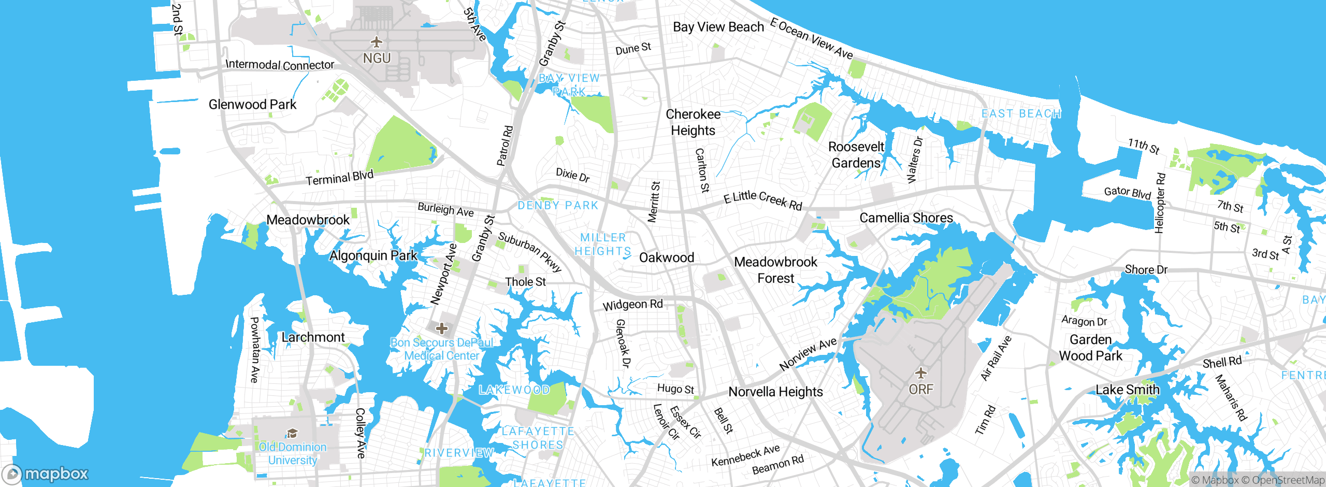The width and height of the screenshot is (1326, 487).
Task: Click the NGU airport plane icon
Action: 377,41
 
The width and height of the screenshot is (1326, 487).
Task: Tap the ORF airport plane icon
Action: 920,373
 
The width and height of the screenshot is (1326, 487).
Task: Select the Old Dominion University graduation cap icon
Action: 292,433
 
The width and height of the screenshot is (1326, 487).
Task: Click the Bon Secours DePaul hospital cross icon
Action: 442,328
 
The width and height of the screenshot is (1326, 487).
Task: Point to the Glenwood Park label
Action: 252,105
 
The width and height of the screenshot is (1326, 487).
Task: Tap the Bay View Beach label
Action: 718,27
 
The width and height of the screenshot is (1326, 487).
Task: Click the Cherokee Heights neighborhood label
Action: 693,122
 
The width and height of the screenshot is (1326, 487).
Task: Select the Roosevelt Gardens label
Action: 856,155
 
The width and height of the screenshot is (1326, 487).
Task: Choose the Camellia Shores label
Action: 906,218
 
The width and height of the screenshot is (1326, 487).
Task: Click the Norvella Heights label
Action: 775,392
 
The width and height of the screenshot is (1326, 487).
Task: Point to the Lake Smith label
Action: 1128,390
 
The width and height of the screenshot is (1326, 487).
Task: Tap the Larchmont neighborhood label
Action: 313,337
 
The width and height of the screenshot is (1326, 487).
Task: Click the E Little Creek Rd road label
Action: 762,200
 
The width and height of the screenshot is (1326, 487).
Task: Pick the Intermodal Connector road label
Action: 280,65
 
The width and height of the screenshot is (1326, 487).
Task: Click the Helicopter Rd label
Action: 1160,203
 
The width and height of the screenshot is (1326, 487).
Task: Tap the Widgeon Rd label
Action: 632,305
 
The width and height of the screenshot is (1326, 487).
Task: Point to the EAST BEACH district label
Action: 1021,114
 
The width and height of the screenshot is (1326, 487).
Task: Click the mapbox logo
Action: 46,474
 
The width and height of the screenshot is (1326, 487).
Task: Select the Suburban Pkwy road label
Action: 530,252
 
